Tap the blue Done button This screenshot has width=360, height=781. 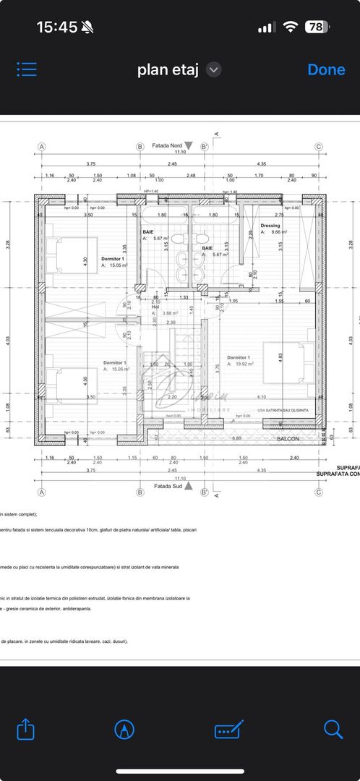(326, 69)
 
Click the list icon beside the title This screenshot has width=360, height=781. (27, 69)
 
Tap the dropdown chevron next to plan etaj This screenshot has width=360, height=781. (213, 69)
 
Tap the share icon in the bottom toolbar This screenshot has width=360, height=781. (25, 728)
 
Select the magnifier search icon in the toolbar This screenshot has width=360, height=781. (333, 728)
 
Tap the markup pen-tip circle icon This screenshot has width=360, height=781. (125, 728)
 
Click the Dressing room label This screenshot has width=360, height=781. (270, 226)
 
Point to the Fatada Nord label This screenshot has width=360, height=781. (167, 145)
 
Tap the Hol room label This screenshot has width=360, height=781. (155, 306)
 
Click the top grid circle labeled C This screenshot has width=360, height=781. (319, 147)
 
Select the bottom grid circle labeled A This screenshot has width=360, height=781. (41, 492)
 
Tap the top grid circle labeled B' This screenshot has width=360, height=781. (204, 147)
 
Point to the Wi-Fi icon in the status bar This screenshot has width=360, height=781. (291, 27)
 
